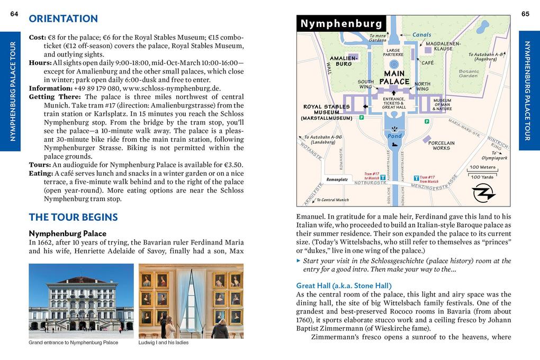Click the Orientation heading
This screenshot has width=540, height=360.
[63, 19]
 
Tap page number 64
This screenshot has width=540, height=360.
[14, 14]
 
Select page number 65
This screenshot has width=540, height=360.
[525, 14]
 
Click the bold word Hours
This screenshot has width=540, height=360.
[40, 63]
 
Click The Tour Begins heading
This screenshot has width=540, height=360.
[73, 217]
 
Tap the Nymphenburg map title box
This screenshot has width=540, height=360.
[341, 23]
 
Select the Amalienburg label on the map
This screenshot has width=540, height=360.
[344, 60]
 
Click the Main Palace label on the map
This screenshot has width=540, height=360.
[394, 77]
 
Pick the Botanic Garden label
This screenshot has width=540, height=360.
[469, 73]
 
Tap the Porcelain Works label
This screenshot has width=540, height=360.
[441, 145]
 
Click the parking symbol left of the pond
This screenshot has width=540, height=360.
[362, 118]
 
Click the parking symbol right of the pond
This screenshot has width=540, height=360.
[427, 121]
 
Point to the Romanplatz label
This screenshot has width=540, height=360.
[337, 179]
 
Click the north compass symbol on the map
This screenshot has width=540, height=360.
[483, 192]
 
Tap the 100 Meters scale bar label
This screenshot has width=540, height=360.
[482, 167]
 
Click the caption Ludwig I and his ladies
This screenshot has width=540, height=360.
[164, 343]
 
